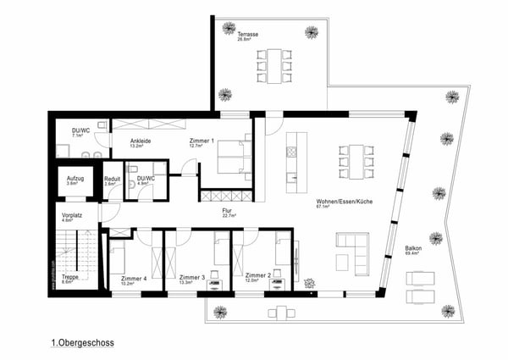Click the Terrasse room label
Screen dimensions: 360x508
pyautogui.click(x=247, y=33)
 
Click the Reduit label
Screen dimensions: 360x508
pyautogui.click(x=112, y=179)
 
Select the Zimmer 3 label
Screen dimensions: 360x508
pyautogui.click(x=192, y=277)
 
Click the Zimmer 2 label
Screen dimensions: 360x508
pyautogui.click(x=257, y=275)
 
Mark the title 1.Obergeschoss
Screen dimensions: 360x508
pyautogui.click(x=82, y=343)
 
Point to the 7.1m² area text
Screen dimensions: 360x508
pyautogui.click(x=76, y=136)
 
